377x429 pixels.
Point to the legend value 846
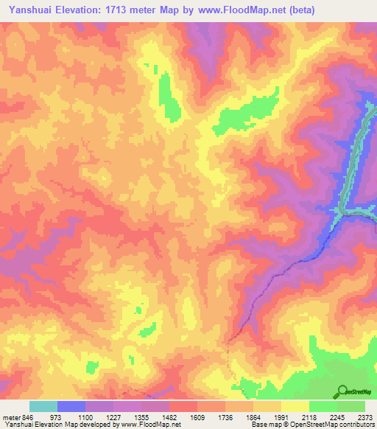[x=28, y=417]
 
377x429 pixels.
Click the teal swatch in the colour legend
[x=43, y=406]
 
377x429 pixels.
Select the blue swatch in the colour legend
[x=71, y=406]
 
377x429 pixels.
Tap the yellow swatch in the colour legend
[x=295, y=406]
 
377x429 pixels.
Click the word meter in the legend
[x=10, y=417]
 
